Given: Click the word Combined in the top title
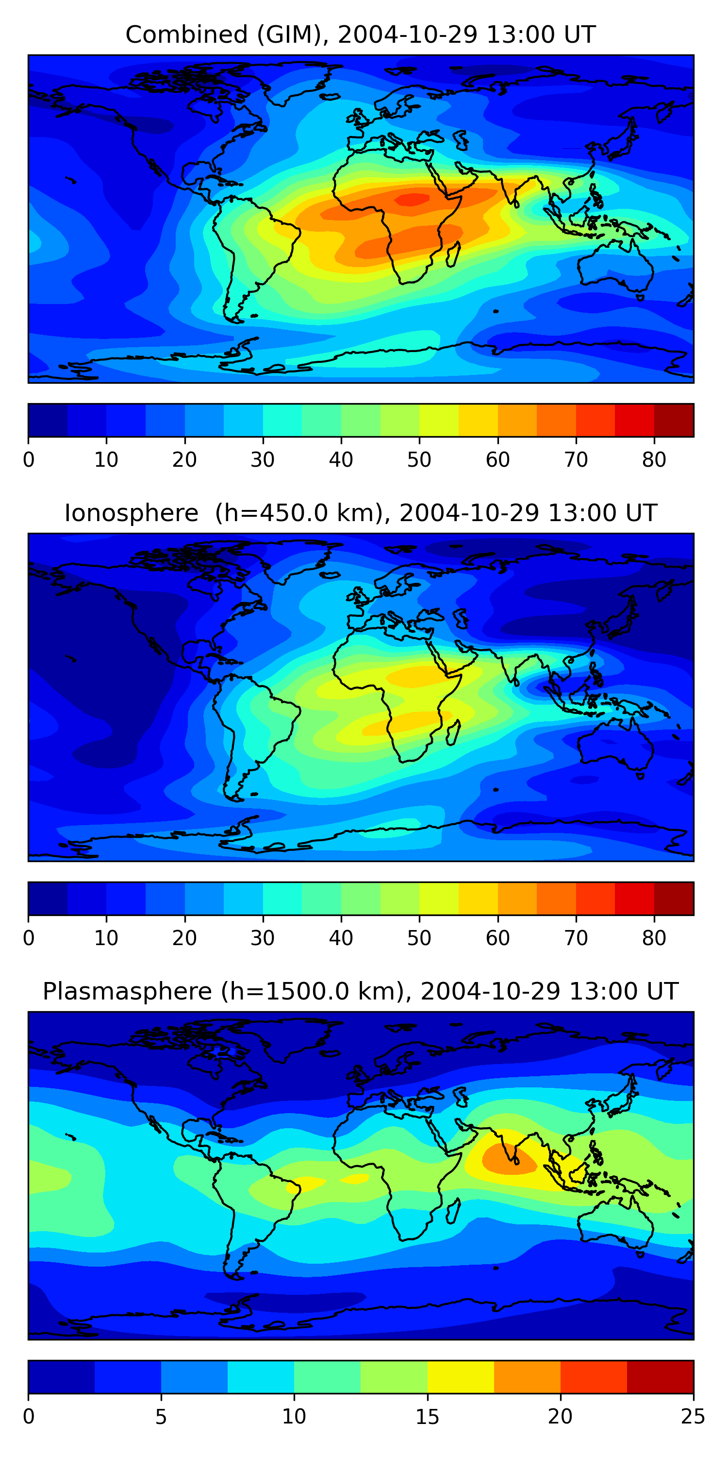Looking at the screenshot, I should (x=186, y=34).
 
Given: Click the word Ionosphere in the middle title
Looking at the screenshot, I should (x=131, y=513).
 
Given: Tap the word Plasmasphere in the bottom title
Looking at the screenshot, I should (x=127, y=992).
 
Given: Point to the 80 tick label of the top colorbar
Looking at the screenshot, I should (x=654, y=460).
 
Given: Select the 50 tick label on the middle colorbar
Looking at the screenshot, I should (x=419, y=938).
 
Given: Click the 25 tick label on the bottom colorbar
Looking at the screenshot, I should (x=693, y=1417).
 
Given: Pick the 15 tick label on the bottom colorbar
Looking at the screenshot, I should (x=427, y=1417).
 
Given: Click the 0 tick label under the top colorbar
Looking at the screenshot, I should (x=29, y=460).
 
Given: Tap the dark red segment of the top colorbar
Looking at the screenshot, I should (x=674, y=420).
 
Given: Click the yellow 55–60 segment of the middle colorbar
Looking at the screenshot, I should (x=478, y=898).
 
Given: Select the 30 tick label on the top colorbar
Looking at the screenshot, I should (x=263, y=460).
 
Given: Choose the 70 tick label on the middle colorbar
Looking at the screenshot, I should (x=576, y=938).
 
